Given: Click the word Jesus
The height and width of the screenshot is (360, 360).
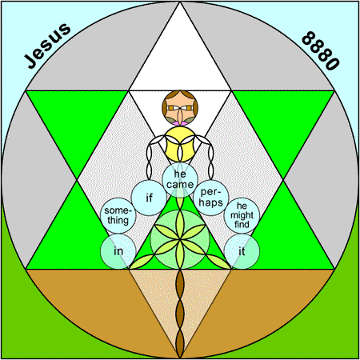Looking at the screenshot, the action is pos(47,46).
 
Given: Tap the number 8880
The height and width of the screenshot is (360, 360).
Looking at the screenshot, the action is pos(321,50).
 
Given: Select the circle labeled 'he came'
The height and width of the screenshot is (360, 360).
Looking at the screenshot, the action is pos(180,180).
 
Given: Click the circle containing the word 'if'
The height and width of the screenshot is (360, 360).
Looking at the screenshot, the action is pos(149,198).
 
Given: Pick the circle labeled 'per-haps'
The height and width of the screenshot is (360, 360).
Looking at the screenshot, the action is pos(211,198).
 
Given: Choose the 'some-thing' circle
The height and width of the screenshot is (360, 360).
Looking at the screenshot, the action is pos(118,215).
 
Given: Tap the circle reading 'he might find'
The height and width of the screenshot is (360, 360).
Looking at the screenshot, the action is pos(242,215).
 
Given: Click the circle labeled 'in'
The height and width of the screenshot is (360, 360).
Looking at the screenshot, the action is pos(118,251).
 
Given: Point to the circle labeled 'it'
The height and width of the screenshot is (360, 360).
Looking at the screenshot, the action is pos(242,251).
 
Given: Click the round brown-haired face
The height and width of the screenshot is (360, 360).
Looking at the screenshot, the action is pos(180,108).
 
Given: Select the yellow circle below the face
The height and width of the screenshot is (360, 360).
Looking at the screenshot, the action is pos(180,144).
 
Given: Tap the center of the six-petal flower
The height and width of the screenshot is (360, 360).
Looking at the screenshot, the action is pos(180,239).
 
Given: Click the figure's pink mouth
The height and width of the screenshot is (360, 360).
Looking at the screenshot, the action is pos(180,123).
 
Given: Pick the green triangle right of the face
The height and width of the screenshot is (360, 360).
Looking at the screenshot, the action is pos(283,120).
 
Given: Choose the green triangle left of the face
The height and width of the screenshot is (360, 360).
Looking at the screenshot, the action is pos(77,120).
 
